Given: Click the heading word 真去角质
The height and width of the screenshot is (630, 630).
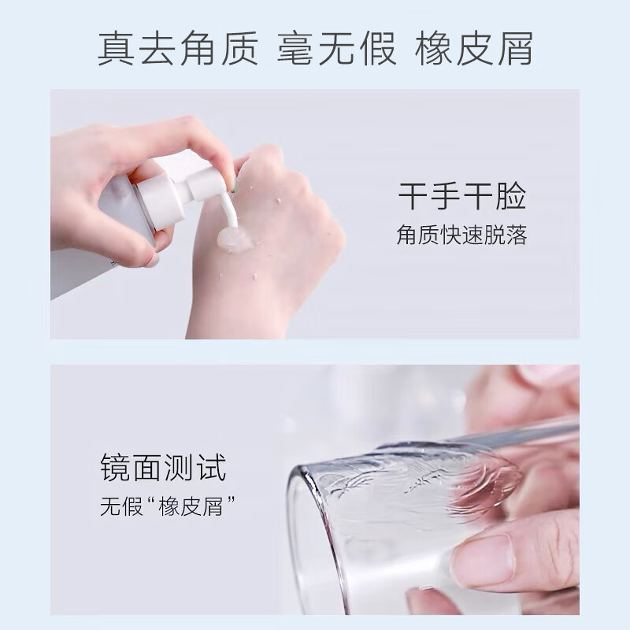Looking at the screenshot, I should [x=178, y=49].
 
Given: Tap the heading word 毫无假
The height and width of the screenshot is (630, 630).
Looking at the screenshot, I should [x=337, y=49].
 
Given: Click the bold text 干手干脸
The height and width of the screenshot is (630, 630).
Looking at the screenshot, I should [x=461, y=195].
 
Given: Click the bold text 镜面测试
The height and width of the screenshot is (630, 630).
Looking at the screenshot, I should [x=163, y=467].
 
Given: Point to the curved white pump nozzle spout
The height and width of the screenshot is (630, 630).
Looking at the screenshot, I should [x=228, y=211].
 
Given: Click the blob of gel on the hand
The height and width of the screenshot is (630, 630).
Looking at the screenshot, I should [x=235, y=239].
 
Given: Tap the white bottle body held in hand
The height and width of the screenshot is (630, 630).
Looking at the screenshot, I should [x=94, y=236].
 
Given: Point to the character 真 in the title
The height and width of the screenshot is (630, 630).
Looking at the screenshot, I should [x=115, y=49].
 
